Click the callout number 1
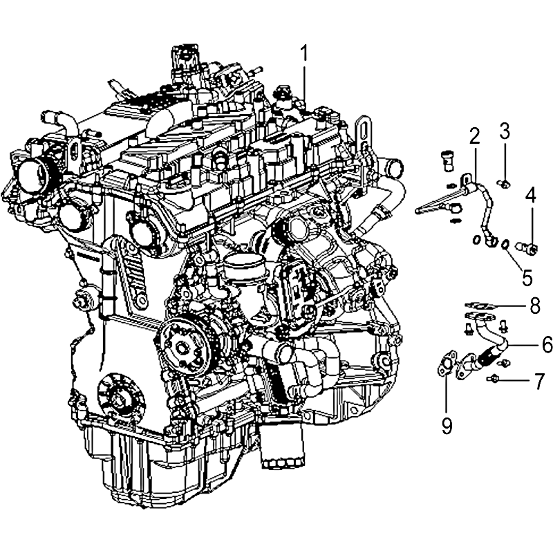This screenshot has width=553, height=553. (x=304, y=54)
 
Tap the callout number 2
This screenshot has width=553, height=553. (x=475, y=136)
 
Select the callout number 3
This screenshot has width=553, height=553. (x=505, y=131)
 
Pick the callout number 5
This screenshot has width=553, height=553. (x=527, y=278)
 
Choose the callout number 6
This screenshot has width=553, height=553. (x=547, y=344)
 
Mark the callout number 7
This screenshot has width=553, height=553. (x=539, y=381)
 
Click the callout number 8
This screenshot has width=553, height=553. (x=535, y=306)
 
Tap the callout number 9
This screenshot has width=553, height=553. (x=447, y=426)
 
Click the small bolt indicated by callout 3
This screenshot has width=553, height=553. (x=504, y=182)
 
